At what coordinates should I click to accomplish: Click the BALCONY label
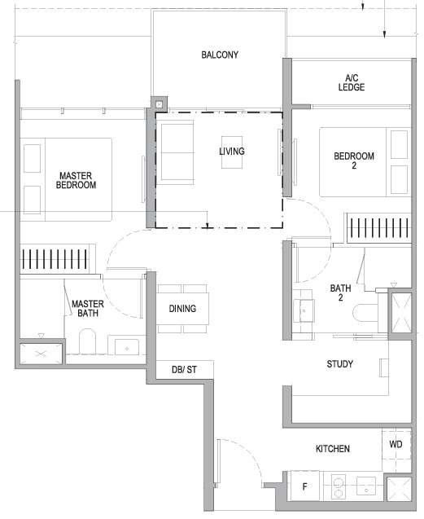(x=220, y=55)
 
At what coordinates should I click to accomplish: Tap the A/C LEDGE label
(x=352, y=82)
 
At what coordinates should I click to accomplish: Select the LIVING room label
(x=232, y=152)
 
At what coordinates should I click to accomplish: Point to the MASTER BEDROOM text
(x=76, y=180)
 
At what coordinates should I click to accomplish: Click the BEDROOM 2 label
(x=354, y=161)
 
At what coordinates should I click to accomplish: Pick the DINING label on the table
(x=182, y=309)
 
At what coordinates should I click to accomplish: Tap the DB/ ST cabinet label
(x=184, y=369)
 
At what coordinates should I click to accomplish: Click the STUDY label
(x=339, y=364)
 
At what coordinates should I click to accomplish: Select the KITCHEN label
(x=332, y=449)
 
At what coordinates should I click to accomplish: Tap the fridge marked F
(x=305, y=486)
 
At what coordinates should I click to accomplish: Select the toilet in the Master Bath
(x=87, y=341)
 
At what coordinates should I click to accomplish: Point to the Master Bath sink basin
(x=127, y=347)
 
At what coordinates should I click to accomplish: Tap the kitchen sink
(x=366, y=486)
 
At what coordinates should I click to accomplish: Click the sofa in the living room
(x=177, y=152)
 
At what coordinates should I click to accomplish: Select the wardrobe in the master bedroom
(x=55, y=259)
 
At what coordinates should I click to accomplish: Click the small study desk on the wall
(x=383, y=367)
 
